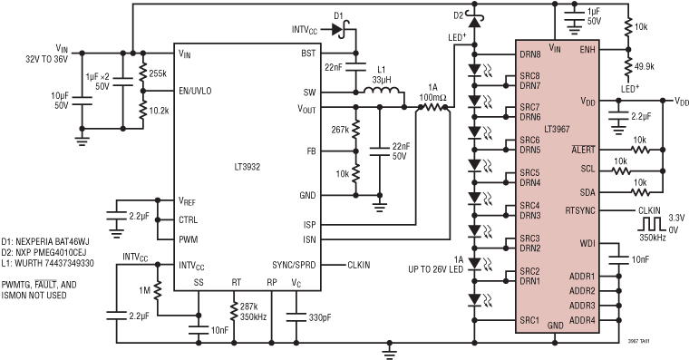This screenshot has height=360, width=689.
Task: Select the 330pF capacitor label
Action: point(319,318)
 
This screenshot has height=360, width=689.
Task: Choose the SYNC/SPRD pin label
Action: point(296,265)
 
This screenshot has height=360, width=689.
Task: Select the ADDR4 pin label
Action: point(581,320)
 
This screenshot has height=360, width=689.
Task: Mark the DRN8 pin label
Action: point(529,54)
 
